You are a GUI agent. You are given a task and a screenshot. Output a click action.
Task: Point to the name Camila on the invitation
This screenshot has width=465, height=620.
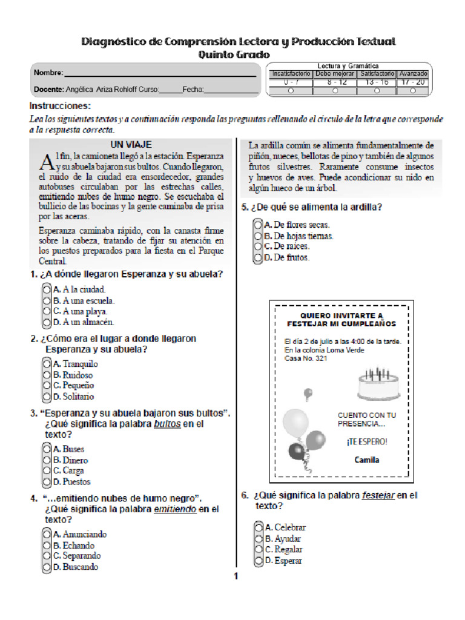(367, 460)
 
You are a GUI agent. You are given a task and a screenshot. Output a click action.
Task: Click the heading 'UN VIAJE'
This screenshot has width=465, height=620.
(131, 145)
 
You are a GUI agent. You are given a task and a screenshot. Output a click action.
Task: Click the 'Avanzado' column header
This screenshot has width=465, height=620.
(413, 74)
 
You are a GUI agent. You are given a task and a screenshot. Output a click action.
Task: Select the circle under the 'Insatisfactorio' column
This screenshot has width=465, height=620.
(291, 91)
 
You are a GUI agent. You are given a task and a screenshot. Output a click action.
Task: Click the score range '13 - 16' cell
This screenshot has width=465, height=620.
(377, 82)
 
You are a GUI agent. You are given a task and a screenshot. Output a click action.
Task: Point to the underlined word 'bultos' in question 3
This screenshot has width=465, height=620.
(167, 424)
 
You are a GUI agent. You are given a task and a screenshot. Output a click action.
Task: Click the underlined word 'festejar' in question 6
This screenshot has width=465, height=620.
(378, 495)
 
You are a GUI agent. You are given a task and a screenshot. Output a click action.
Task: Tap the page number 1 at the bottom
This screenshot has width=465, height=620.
(236, 576)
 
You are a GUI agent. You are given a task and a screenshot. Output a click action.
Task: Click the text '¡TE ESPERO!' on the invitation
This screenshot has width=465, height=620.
(367, 441)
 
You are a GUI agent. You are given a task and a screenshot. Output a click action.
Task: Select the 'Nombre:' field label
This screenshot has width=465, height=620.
(48, 73)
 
